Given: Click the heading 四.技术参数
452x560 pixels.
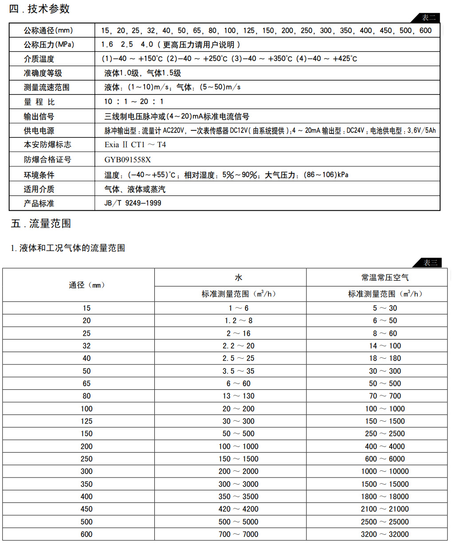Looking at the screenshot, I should pyautogui.click(x=39, y=9).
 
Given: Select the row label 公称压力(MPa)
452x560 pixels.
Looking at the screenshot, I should pyautogui.click(x=49, y=45).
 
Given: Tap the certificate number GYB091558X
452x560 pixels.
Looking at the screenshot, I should pyautogui.click(x=128, y=160).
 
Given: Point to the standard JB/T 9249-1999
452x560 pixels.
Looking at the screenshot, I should pyautogui.click(x=133, y=203).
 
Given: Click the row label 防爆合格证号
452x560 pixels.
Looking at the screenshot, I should pyautogui.click(x=47, y=160).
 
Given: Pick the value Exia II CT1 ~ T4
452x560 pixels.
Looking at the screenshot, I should pyautogui.click(x=135, y=145).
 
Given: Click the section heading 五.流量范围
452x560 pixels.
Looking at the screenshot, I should pyautogui.click(x=41, y=223).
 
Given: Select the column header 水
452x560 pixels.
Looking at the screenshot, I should pyautogui.click(x=239, y=278).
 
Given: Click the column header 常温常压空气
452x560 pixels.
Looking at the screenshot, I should pyautogui.click(x=385, y=278).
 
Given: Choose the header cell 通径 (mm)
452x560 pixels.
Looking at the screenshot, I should pyautogui.click(x=86, y=285).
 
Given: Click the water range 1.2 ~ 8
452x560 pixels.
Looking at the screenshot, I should pyautogui.click(x=239, y=321).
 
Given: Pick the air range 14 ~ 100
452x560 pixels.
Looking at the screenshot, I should pyautogui.click(x=385, y=346).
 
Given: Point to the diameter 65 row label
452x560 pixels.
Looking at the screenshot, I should pyautogui.click(x=86, y=384).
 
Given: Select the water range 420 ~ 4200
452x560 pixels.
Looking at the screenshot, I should pyautogui.click(x=239, y=509).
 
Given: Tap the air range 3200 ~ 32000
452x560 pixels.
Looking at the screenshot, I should pyautogui.click(x=385, y=534).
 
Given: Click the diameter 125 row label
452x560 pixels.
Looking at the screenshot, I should pyautogui.click(x=86, y=421).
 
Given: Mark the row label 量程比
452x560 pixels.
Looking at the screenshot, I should pyautogui.click(x=39, y=102).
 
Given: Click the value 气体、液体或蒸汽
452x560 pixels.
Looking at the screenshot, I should pyautogui.click(x=135, y=189).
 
